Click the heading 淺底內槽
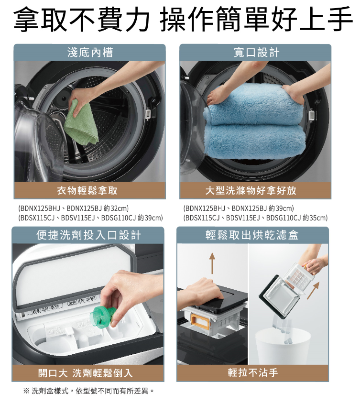[x=90, y=52]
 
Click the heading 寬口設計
[x=256, y=52]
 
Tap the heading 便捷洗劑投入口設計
[x=88, y=235]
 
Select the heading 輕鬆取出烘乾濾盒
[x=252, y=235]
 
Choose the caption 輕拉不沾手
[x=252, y=372]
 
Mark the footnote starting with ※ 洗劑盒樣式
[x=89, y=392]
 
